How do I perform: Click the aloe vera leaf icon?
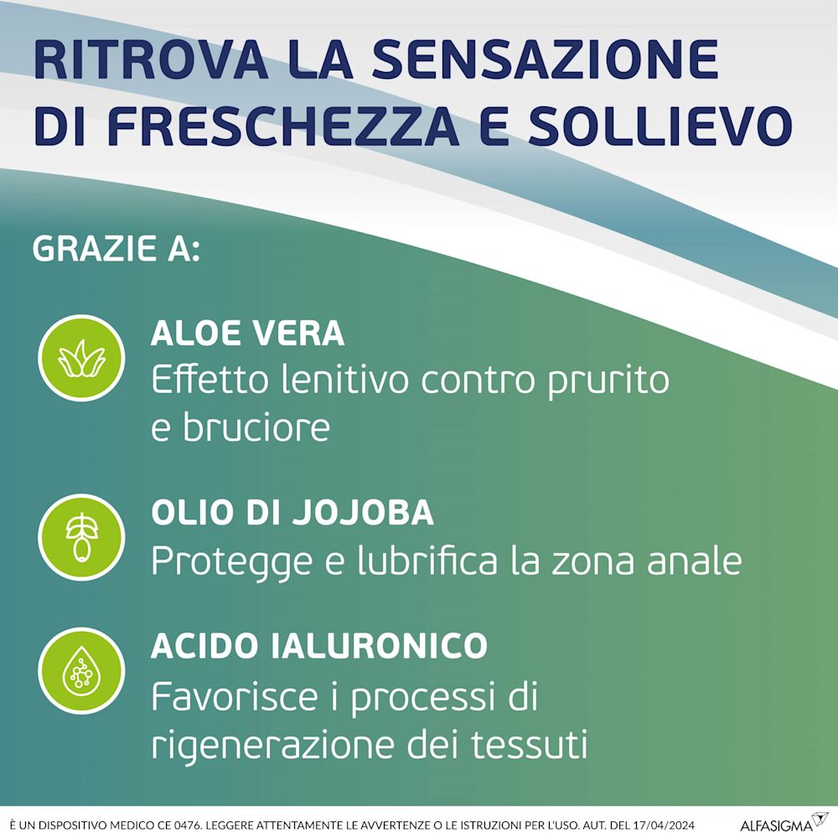[81, 358]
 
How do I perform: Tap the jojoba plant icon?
[81, 535]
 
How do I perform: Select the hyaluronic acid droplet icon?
[81, 671]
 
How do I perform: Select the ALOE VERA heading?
[247, 334]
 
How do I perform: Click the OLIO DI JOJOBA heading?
[292, 513]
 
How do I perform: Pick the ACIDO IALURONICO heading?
[319, 645]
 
